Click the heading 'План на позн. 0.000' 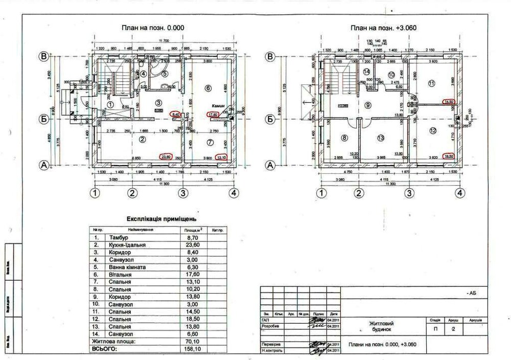[152, 28]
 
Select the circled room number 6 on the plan [207, 88]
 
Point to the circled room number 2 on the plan [143, 139]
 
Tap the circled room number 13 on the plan [380, 138]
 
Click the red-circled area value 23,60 [166, 157]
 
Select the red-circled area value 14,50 [450, 102]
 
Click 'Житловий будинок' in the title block [382, 327]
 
